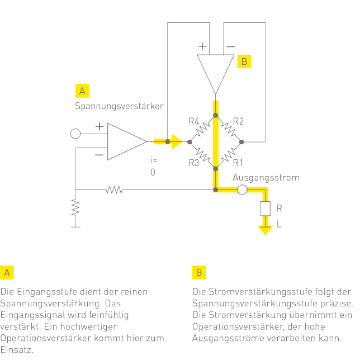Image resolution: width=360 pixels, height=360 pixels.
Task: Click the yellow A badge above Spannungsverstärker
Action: (82, 91)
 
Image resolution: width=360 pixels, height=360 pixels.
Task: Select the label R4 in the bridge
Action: (194, 121)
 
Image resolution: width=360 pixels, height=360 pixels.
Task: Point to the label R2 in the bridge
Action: (239, 121)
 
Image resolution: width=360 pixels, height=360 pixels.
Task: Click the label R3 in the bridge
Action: (194, 163)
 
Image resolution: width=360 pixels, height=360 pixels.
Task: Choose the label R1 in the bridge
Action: (239, 163)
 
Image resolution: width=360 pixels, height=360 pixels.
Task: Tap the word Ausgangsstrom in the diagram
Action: (266, 178)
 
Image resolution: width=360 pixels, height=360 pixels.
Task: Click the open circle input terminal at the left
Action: (75, 133)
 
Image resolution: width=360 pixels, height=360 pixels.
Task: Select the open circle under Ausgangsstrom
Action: (242, 190)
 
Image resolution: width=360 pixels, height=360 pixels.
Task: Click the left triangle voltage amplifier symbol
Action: (126, 141)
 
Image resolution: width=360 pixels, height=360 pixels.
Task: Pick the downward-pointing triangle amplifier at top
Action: (215, 72)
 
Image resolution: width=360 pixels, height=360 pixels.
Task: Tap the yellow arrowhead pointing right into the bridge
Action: (177, 141)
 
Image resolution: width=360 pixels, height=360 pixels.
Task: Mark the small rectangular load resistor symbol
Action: (264, 209)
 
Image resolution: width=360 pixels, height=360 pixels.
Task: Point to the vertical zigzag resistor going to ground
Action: (75, 208)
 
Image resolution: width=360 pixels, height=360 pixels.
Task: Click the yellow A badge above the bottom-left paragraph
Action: (7, 272)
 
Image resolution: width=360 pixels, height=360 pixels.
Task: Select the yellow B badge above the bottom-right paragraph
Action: (198, 272)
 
